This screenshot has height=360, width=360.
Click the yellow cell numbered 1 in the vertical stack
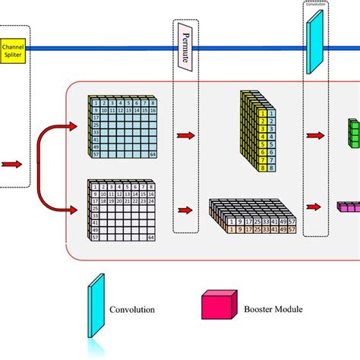click(262, 112)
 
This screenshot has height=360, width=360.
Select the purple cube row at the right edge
click(349, 207)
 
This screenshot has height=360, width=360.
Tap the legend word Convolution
click(134, 310)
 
